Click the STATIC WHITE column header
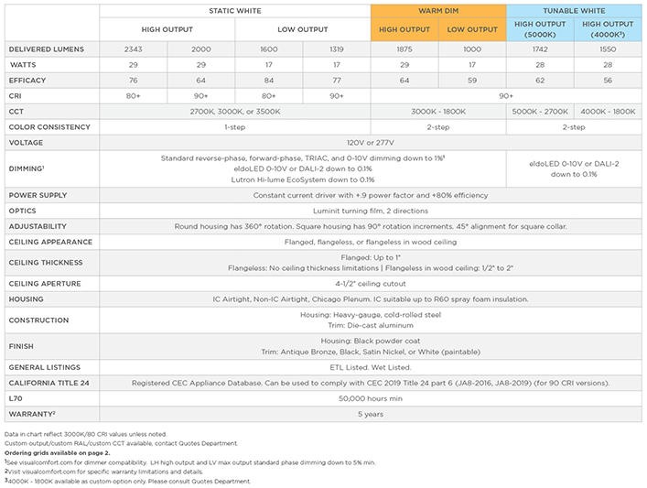pos(234,10)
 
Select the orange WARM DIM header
pos(438,10)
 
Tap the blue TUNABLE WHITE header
pos(574,10)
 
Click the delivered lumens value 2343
pos(133,49)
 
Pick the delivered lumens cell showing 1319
pos(337,49)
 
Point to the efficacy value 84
pos(269,80)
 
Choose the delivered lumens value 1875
pos(404,49)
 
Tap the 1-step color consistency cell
pos(234,126)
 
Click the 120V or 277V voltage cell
pos(371,142)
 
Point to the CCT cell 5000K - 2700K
pos(540,111)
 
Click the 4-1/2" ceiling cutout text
pos(371,284)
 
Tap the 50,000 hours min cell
pos(371,399)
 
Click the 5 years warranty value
pos(371,415)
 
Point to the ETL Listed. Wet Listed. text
pos(371,367)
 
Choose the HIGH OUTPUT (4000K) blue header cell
pos(608,29)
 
